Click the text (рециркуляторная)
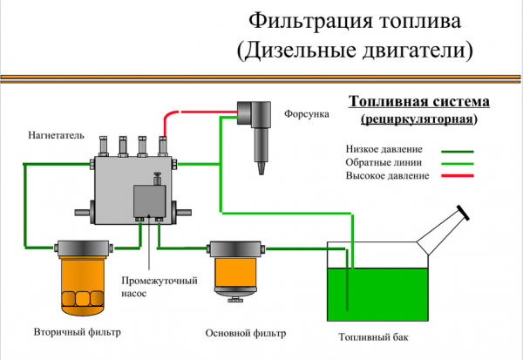click(x=418, y=117)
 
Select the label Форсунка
click(x=306, y=113)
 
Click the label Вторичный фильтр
click(x=77, y=333)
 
